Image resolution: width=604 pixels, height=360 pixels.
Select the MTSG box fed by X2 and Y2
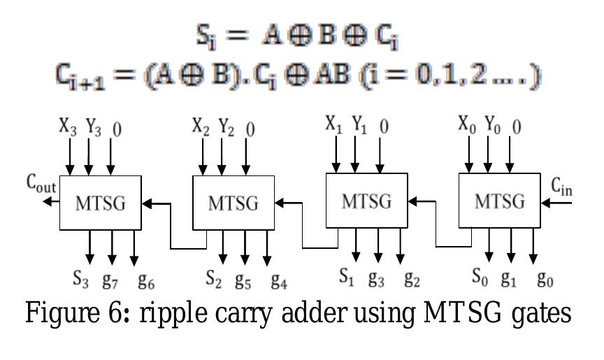(233, 203)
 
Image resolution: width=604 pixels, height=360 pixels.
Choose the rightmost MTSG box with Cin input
(501, 201)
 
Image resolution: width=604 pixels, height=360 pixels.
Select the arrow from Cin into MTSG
(558, 203)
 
